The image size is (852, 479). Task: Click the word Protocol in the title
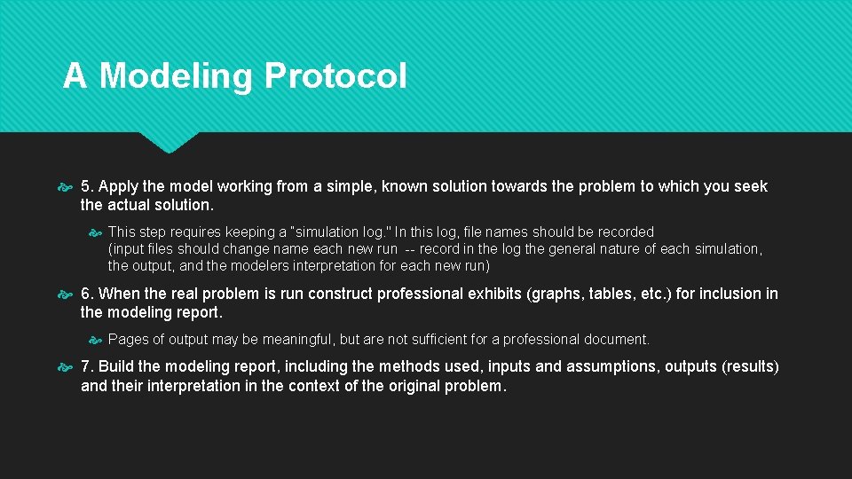[335, 76]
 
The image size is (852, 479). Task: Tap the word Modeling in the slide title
[176, 76]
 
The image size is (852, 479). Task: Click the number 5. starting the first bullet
[87, 186]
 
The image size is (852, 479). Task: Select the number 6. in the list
[87, 294]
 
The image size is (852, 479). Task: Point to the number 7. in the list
[87, 367]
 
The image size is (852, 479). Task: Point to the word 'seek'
[750, 186]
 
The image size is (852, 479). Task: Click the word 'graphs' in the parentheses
[553, 294]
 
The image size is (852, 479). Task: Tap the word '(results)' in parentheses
[747, 367]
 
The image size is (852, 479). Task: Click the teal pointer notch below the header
[169, 142]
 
